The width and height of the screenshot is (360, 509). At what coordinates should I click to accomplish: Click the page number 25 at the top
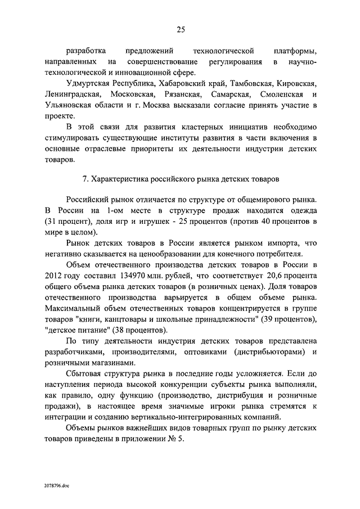(180, 30)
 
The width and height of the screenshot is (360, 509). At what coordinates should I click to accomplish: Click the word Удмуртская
(90, 83)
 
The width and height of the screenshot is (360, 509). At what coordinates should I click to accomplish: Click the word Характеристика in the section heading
(120, 179)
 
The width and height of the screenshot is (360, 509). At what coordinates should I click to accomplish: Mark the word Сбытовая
(87, 373)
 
